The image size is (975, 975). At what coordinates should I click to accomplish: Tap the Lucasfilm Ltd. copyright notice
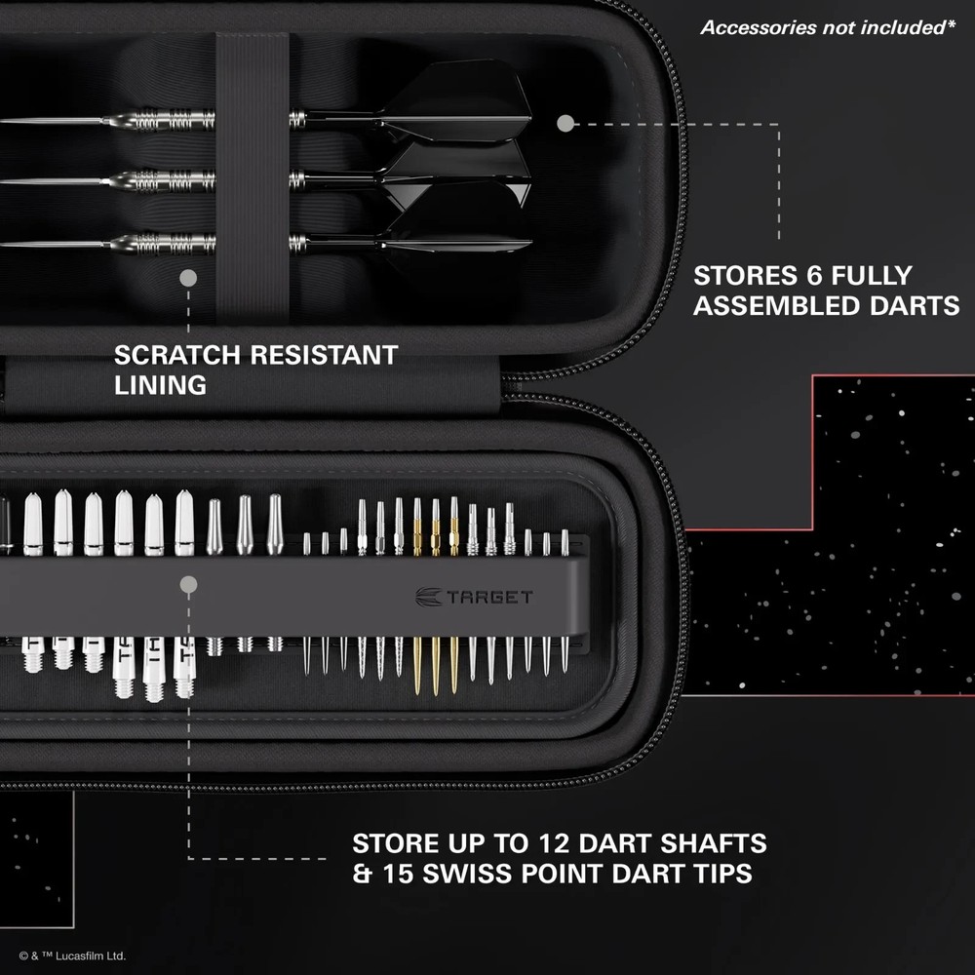[72, 956]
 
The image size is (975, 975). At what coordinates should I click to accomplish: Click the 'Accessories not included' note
[827, 27]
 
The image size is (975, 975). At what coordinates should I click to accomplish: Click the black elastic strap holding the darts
[252, 175]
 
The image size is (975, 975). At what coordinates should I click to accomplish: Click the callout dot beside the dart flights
[565, 124]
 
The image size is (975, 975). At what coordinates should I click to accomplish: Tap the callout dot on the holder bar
[189, 585]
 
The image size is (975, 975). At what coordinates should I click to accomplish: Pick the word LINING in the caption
[160, 385]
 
